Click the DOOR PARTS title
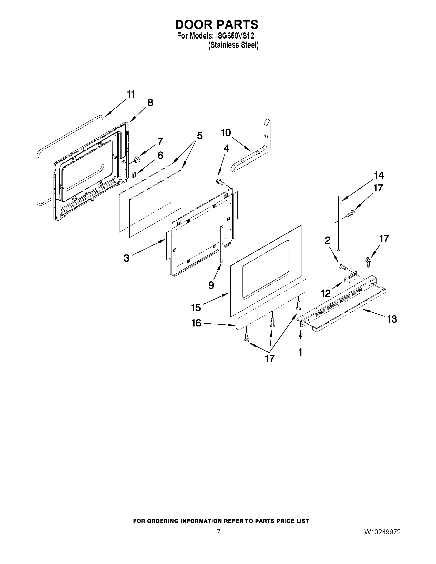pyautogui.click(x=216, y=25)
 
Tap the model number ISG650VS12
pyautogui.click(x=233, y=36)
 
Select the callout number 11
pyautogui.click(x=131, y=95)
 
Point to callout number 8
pyautogui.click(x=150, y=103)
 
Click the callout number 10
pyautogui.click(x=226, y=133)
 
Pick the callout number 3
pyautogui.click(x=126, y=258)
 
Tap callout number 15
pyautogui.click(x=196, y=307)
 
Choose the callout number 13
pyautogui.click(x=392, y=319)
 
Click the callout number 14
pyautogui.click(x=379, y=176)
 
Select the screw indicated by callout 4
pyautogui.click(x=220, y=182)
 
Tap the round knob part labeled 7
pyautogui.click(x=137, y=159)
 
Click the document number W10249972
pyautogui.click(x=382, y=532)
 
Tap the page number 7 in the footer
pyautogui.click(x=219, y=532)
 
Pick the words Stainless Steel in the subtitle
pyautogui.click(x=233, y=45)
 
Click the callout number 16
pyautogui.click(x=196, y=323)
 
